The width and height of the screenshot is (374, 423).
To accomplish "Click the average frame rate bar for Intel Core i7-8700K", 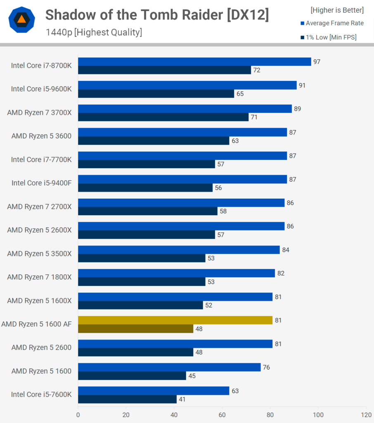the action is point(194,62).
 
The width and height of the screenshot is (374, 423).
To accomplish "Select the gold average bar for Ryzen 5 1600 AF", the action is point(175,320).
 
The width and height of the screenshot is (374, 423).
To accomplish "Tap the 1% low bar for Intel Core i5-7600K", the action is point(127,399).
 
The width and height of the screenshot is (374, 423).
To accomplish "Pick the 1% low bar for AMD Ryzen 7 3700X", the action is point(163,117).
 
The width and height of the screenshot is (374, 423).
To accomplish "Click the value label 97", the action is point(317,62).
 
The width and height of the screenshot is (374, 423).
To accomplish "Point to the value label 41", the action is point(182,399).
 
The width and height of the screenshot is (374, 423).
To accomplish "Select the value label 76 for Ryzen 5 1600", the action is point(266,367).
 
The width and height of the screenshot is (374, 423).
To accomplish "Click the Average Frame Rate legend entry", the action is point(332,23).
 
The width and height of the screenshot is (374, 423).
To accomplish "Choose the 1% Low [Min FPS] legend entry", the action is point(329,37).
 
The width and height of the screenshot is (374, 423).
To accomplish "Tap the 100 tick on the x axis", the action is point(318,415).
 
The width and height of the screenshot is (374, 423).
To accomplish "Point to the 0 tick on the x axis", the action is point(78,415).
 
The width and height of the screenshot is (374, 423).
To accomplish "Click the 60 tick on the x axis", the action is point(222,415).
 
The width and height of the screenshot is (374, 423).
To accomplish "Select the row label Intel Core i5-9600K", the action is point(41,89).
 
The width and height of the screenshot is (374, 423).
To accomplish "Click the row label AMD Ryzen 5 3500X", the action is point(39,254).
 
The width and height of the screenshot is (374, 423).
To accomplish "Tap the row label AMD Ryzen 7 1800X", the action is point(39,277).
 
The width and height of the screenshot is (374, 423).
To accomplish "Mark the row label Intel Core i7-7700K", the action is point(41,159).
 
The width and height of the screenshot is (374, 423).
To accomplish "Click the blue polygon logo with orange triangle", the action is point(22,20).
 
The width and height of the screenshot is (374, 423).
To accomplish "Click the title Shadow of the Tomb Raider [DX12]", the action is point(157,14).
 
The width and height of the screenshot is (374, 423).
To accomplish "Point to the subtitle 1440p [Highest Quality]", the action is point(94,32).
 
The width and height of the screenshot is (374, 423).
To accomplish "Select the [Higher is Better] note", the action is point(337,10).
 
